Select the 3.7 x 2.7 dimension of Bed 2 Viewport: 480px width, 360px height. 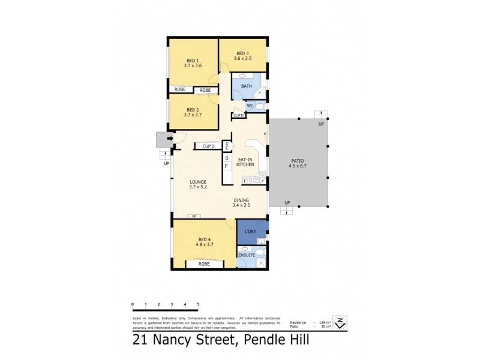point(193,115)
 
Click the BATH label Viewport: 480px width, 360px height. point(247,86)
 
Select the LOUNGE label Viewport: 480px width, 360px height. point(198,182)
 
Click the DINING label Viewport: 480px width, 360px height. point(241,200)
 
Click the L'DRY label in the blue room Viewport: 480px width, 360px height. point(250,231)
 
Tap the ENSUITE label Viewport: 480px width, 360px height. point(247,256)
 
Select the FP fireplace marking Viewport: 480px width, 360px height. point(194,216)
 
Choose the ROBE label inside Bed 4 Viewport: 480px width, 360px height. point(202,263)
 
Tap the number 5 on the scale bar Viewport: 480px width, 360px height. point(198,305)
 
